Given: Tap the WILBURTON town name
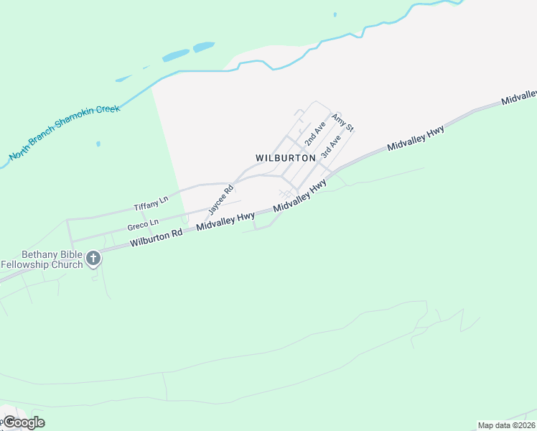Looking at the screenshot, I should [x=285, y=157].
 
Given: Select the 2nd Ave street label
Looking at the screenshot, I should [x=315, y=133].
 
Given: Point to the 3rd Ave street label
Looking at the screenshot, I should [x=330, y=147].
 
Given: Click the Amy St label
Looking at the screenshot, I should [x=343, y=121].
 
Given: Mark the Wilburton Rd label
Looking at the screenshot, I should [x=156, y=238].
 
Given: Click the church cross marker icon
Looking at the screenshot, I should [x=93, y=259].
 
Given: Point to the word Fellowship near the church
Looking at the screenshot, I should [x=27, y=264].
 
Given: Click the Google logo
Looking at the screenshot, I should [x=23, y=422].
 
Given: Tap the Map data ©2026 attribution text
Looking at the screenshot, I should [x=506, y=425].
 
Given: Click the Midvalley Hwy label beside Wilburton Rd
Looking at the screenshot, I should [x=225, y=221].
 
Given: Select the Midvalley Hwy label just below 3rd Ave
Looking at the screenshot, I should [x=300, y=196].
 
